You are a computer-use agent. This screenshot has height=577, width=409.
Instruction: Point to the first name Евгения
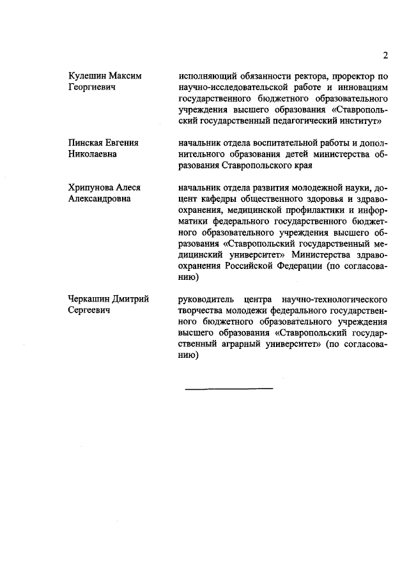[122, 142]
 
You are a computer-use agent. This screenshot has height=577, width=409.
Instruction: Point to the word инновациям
[359, 88]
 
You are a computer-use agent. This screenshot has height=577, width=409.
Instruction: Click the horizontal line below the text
[229, 389]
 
